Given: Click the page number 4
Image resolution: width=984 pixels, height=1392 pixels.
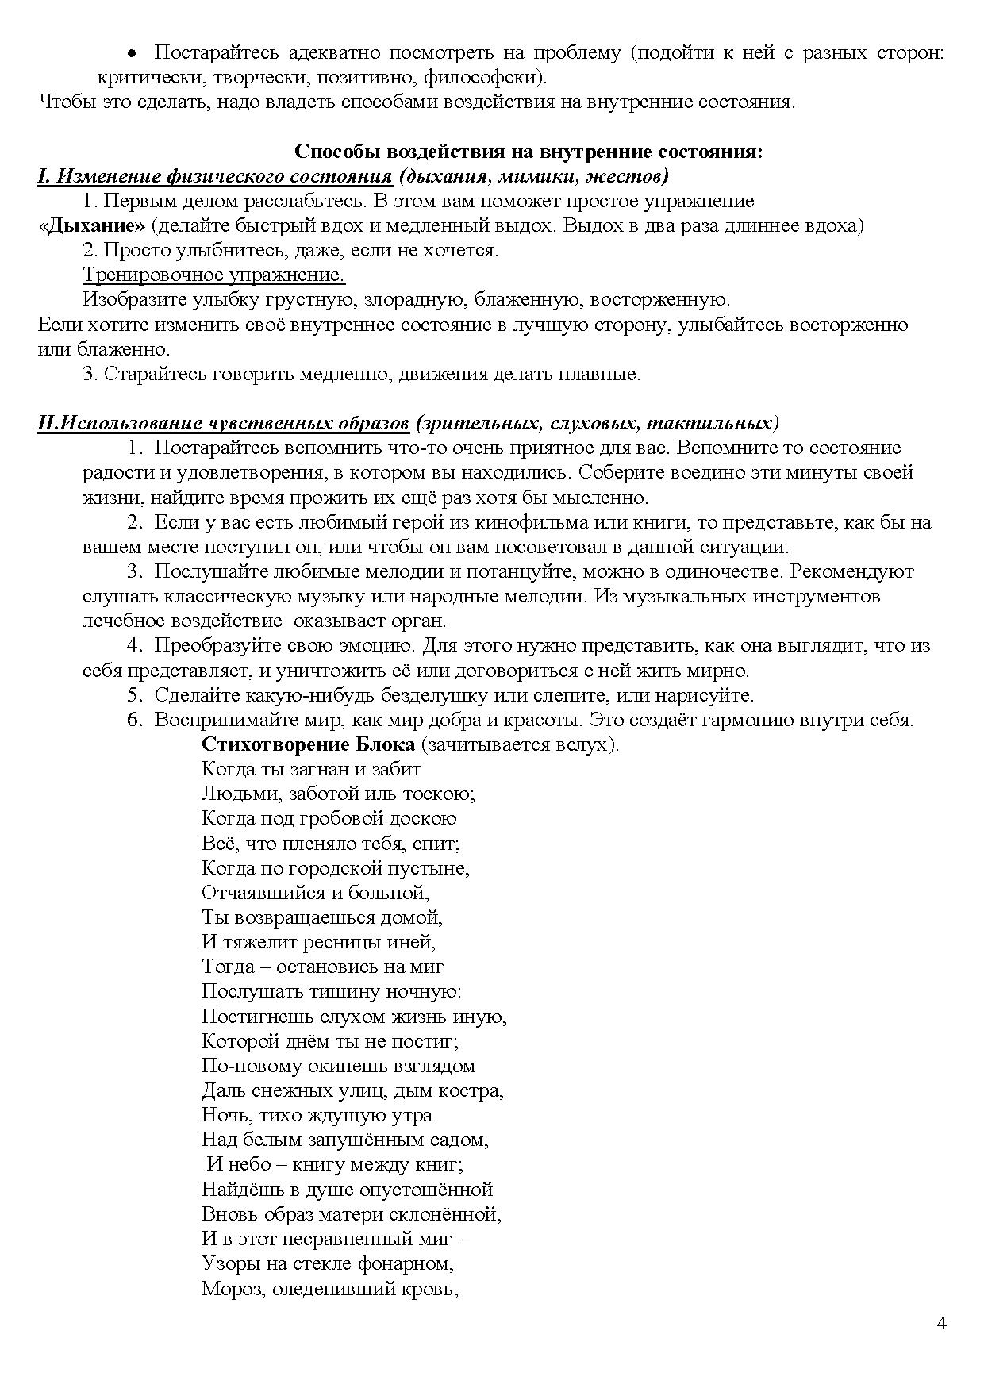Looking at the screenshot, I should [x=942, y=1323].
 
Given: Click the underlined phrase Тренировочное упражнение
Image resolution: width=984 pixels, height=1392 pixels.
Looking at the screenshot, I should [x=213, y=275].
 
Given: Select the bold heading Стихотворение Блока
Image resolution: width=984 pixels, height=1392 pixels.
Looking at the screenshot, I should [x=308, y=744].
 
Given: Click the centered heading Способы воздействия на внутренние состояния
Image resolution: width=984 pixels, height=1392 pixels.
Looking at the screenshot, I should [x=529, y=151].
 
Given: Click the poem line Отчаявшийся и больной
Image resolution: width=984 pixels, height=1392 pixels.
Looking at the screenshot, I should [x=315, y=893].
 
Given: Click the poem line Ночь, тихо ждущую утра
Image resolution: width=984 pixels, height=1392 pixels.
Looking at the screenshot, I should [x=317, y=1115].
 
